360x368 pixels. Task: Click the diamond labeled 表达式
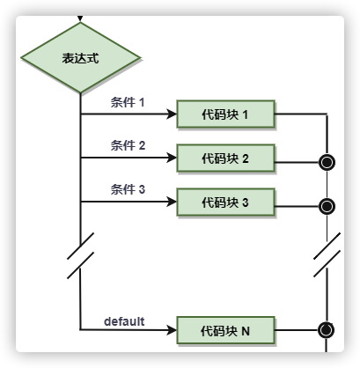[x=80, y=58]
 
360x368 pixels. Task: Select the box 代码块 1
[x=225, y=114]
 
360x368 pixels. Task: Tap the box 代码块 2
[x=225, y=158]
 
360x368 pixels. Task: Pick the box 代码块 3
[x=225, y=202]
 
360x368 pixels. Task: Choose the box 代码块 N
[x=225, y=330]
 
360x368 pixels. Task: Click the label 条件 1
[x=128, y=102]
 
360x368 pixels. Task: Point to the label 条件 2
[x=128, y=145]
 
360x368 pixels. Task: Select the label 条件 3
[x=128, y=189]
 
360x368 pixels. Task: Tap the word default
[x=124, y=321]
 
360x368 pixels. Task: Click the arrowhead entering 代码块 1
[x=172, y=114]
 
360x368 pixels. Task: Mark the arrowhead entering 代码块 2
[x=172, y=158]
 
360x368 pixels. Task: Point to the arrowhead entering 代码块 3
[x=172, y=202]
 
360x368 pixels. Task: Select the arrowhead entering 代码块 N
[x=172, y=330]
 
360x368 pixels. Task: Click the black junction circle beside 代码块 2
[x=327, y=162]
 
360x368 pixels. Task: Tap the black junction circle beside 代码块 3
[x=327, y=206]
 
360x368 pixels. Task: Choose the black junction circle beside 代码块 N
[x=327, y=330]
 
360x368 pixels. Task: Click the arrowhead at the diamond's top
[x=80, y=18]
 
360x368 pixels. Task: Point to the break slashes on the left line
[x=81, y=255]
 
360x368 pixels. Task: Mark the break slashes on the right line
[x=327, y=254]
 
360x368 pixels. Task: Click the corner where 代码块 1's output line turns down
[x=327, y=114]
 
